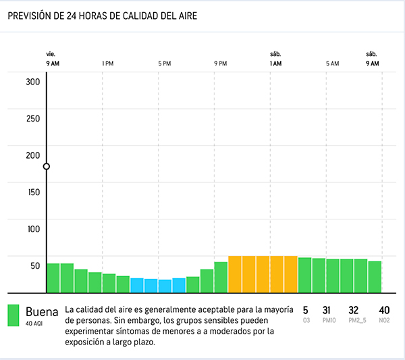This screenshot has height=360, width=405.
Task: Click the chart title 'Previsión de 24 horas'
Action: (103, 16)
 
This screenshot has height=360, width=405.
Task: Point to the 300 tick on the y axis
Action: (33, 82)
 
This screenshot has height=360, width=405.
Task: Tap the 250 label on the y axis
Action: (33, 118)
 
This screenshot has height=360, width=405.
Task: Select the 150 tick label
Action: (33, 192)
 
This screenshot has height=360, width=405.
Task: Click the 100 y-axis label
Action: (33, 228)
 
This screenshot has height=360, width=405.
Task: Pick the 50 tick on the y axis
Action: (34, 265)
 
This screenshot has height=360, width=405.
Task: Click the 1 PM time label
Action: (107, 63)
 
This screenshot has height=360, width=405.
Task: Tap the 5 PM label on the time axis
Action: (164, 63)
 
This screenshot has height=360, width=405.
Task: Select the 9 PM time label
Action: (220, 63)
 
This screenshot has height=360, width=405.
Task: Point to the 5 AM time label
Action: (332, 63)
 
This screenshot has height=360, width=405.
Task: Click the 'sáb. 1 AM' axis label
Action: (275, 59)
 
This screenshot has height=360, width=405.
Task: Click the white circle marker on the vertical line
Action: (46, 166)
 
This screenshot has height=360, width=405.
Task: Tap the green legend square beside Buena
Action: (13, 315)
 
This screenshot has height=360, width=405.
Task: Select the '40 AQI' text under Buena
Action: (34, 324)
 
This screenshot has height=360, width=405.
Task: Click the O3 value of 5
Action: (305, 310)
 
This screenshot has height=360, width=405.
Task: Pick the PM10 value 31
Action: (327, 310)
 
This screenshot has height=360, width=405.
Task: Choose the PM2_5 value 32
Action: (353, 310)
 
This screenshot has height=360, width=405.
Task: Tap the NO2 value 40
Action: (385, 310)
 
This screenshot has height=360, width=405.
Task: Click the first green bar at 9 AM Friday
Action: (53, 278)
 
